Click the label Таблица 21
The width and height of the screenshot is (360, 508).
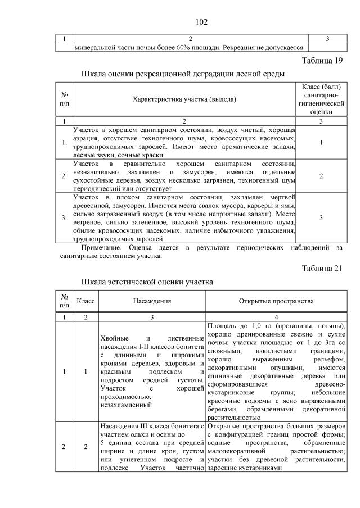pos(322,268)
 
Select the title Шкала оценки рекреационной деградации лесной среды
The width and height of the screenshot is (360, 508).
pos(183,74)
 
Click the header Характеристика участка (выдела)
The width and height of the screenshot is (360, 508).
pos(184,99)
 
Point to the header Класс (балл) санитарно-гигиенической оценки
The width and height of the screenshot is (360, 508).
pos(320,99)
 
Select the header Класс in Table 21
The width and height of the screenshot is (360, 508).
pos(85,301)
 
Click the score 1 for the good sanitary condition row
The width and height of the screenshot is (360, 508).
pos(320,142)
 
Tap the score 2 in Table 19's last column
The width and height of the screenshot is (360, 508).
pos(320,176)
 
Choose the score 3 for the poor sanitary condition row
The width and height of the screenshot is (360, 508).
pos(320,217)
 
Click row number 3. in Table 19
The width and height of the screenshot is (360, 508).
pos(64,217)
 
